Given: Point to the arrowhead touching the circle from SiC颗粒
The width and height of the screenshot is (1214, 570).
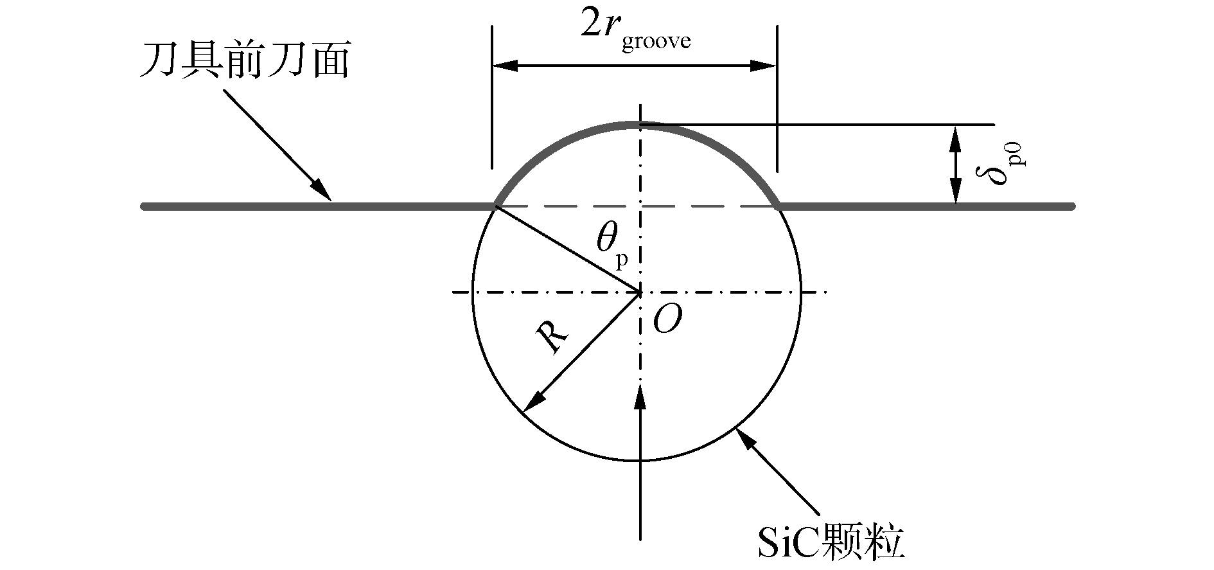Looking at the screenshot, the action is [x=744, y=437].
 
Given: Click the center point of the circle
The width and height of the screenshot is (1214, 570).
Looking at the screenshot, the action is [x=640, y=293].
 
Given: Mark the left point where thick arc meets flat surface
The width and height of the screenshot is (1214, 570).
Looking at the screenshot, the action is [x=496, y=206].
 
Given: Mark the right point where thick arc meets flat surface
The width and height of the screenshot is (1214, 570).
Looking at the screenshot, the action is [x=778, y=206].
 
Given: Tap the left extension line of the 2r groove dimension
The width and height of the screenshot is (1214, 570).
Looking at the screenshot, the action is [x=492, y=96].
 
